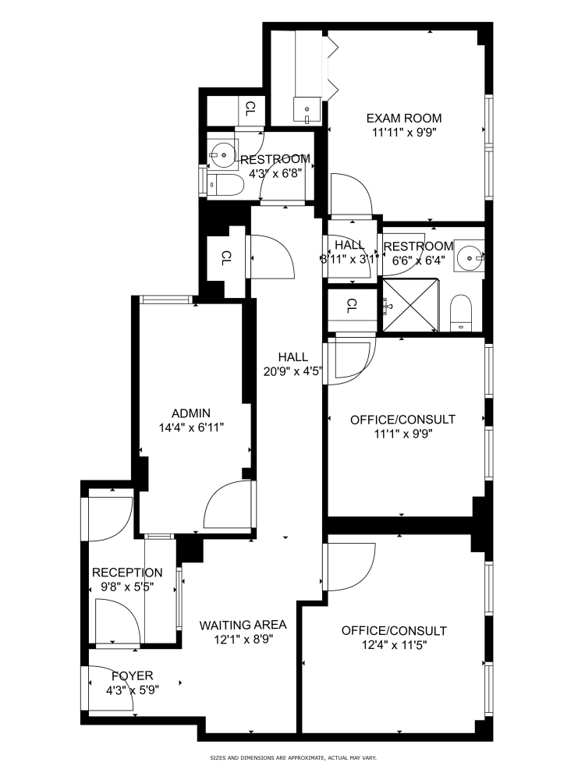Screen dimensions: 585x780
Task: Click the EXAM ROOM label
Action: point(404,119)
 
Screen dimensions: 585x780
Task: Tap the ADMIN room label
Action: point(191,413)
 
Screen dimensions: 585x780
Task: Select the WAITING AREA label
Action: point(243,625)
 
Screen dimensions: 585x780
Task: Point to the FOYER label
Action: point(132,675)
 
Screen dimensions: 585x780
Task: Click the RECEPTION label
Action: point(127,573)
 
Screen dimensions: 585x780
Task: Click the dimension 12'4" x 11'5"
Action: point(394,645)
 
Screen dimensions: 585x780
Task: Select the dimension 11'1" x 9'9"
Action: point(402,434)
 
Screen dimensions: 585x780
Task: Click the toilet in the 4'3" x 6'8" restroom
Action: point(224,185)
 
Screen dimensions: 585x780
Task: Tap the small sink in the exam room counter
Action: point(307,108)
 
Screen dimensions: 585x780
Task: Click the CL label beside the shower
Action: point(352,305)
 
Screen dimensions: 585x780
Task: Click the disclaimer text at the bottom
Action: point(293,758)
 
